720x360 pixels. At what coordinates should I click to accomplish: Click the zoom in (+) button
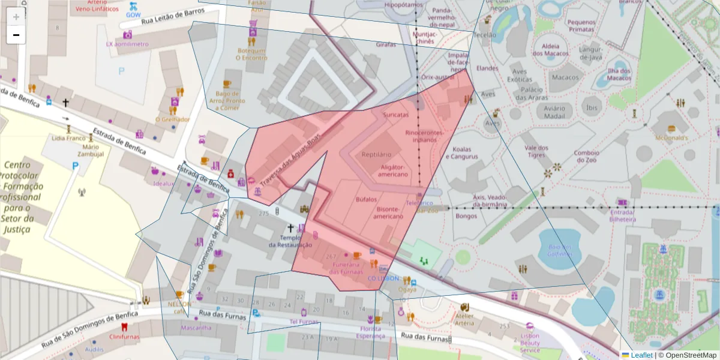click(16, 16)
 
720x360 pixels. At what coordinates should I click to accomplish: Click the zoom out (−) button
click(16, 35)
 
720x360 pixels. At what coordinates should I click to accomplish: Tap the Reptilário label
click(376, 155)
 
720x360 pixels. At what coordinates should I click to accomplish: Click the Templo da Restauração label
click(290, 241)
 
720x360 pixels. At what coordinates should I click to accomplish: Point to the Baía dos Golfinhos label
click(556, 250)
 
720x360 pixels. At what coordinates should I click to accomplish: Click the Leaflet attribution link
click(641, 355)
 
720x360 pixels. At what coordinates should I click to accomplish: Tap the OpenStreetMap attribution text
click(687, 355)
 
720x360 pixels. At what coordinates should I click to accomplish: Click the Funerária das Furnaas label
click(346, 268)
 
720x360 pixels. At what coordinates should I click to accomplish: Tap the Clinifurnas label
click(124, 337)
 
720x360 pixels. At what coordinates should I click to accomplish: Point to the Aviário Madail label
click(555, 112)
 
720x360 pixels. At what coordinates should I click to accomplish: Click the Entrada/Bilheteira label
click(622, 216)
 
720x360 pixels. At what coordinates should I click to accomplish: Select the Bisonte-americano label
click(389, 213)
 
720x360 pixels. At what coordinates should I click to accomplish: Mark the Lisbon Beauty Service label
click(530, 343)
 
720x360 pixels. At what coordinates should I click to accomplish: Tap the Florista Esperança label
click(370, 332)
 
